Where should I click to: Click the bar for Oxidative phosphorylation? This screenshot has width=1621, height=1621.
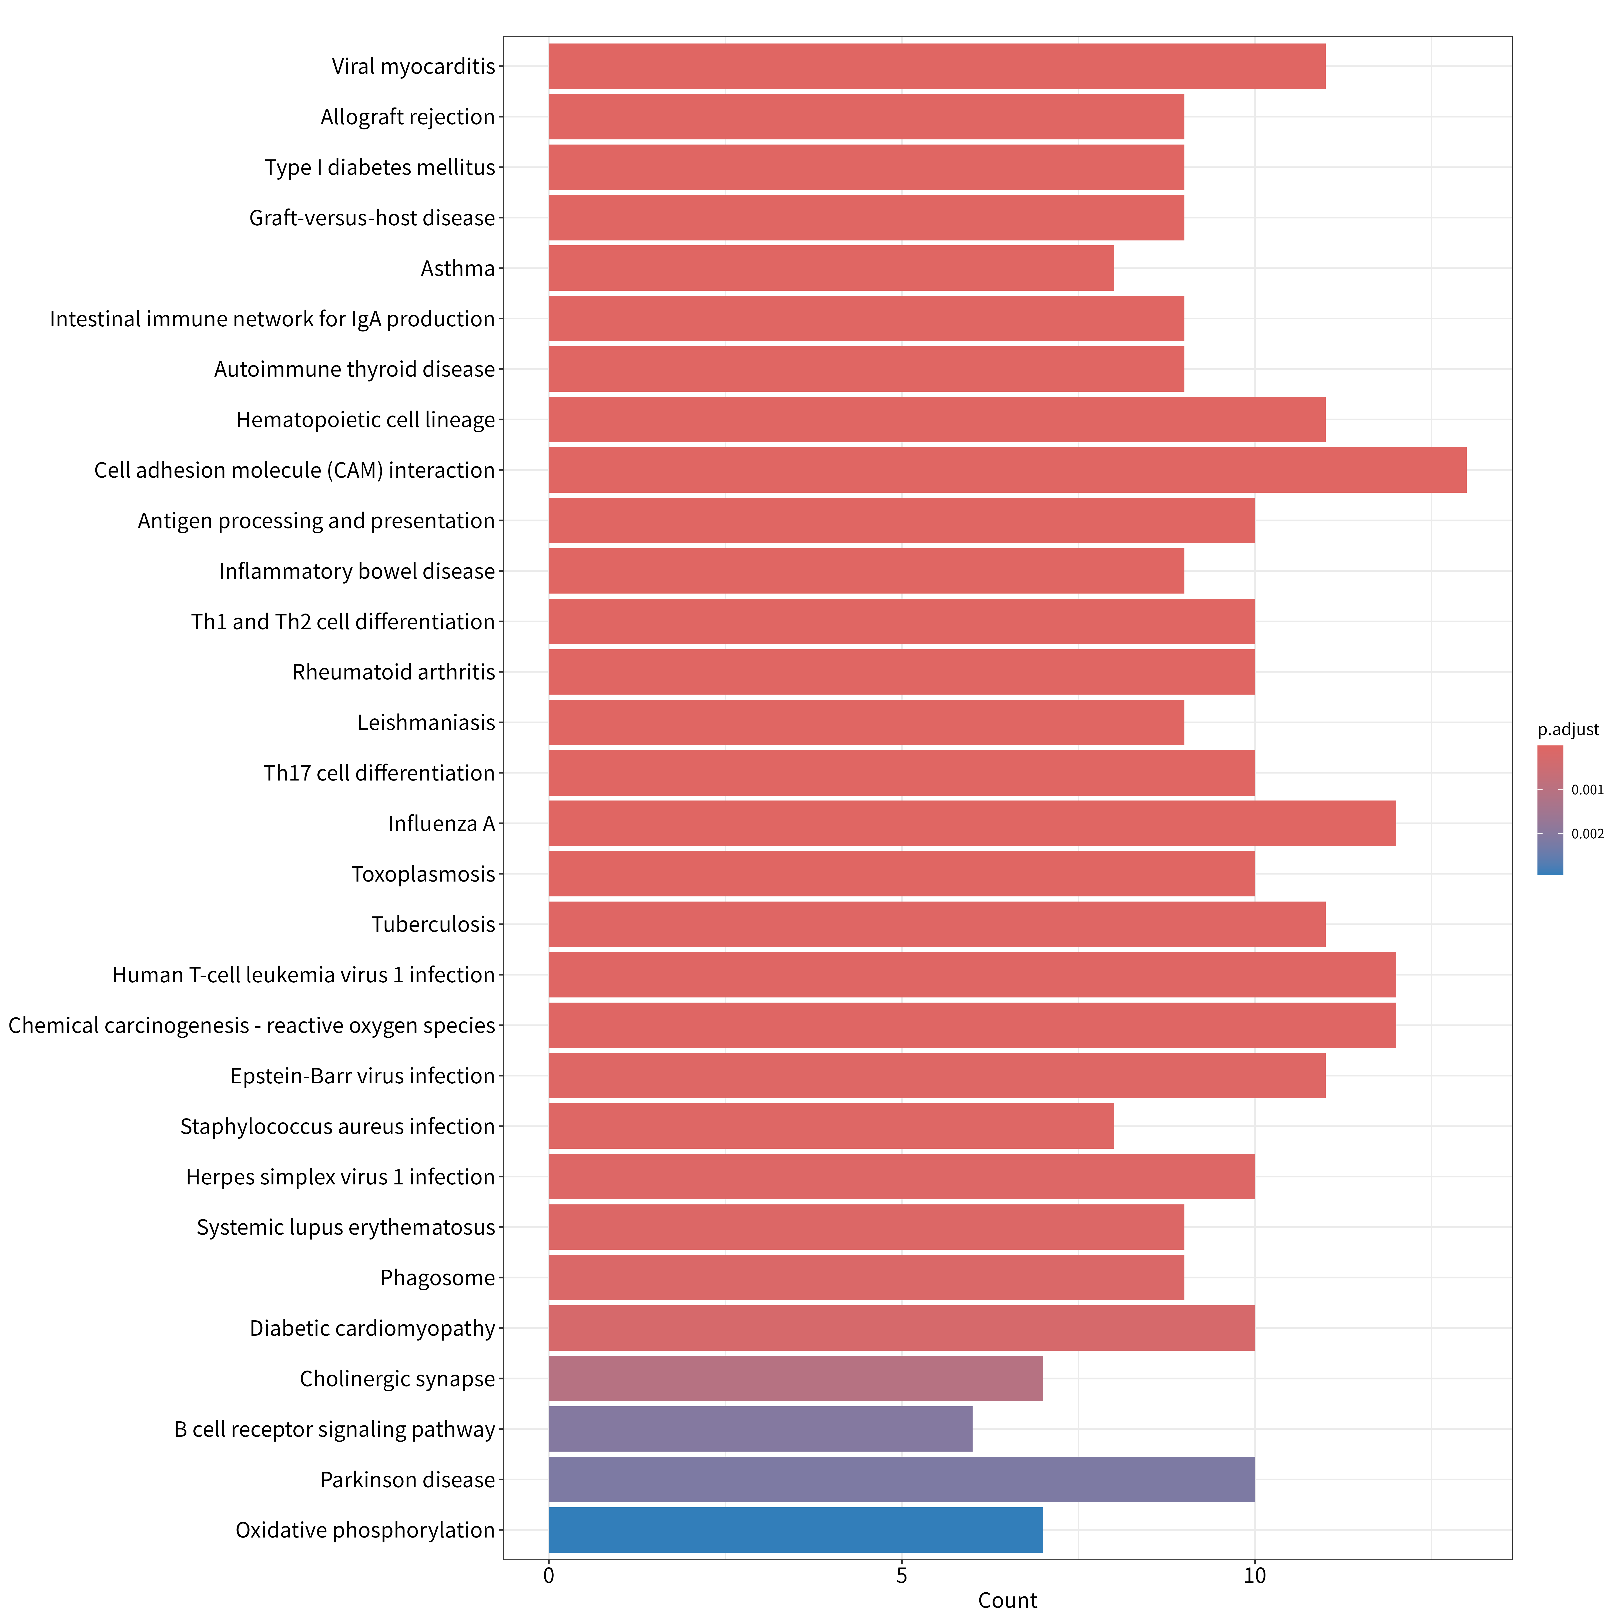click(x=795, y=1529)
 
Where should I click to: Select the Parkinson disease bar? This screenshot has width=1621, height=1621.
click(x=901, y=1479)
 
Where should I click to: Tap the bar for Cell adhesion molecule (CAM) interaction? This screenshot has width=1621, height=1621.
click(x=1008, y=470)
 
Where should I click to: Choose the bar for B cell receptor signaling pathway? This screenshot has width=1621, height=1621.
click(x=760, y=1429)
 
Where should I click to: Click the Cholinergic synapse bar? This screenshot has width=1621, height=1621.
click(x=795, y=1378)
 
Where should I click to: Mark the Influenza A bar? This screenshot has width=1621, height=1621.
click(x=972, y=823)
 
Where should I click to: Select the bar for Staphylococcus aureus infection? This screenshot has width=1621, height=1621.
click(x=831, y=1126)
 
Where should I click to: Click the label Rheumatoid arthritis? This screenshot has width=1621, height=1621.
click(x=394, y=672)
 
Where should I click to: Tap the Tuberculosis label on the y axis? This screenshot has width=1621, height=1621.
click(x=433, y=925)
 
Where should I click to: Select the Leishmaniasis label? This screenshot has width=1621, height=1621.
click(x=426, y=722)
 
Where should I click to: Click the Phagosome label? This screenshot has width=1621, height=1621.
click(x=437, y=1278)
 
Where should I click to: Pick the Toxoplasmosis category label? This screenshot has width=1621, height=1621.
click(x=423, y=874)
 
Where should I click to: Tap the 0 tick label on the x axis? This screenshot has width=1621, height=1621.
click(x=549, y=1576)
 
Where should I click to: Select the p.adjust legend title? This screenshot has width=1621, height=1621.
click(x=1568, y=730)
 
